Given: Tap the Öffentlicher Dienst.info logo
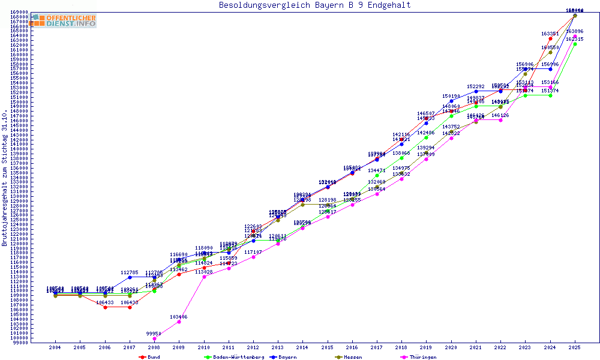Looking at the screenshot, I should tap(63, 20).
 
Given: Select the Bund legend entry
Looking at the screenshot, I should tap(150, 357).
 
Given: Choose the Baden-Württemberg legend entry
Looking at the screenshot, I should tap(234, 357).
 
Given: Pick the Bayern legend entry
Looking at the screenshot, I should tap(283, 357).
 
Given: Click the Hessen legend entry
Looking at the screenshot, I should tap(348, 357).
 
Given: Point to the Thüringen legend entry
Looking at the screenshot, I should tap(420, 357).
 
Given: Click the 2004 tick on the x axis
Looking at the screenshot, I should tap(55, 347).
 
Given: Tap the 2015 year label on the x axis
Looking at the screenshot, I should tap(327, 347).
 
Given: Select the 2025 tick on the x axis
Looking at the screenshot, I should tap(575, 347).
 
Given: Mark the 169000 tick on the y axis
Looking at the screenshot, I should tap(20, 12).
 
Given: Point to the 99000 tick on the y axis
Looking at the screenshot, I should tap(20, 343).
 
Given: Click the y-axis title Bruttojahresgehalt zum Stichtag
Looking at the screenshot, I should tap(5, 178).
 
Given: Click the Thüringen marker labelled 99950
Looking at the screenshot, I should tap(154, 339).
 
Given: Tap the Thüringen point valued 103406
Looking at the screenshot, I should tap(179, 322).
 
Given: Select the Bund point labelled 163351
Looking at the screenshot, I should tap(550, 39).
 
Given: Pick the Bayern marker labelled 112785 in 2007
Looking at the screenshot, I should tap(130, 277).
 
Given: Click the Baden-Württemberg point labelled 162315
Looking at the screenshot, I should tap(575, 44).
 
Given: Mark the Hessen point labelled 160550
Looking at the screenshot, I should tap(550, 52).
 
